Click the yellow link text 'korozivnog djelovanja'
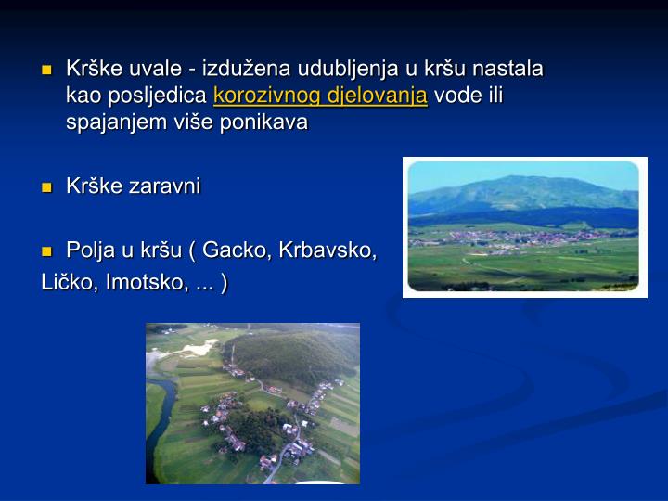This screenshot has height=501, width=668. click(x=320, y=96)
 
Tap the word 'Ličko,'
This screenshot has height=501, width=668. click(x=71, y=281)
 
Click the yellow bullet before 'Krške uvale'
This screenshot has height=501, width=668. click(x=46, y=71)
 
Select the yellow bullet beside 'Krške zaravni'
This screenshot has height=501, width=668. click(x=46, y=187)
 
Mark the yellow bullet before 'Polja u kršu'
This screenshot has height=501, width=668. click(x=46, y=251)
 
